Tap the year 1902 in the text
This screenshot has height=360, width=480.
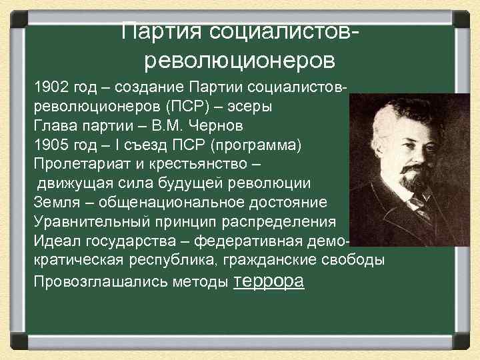[49, 88]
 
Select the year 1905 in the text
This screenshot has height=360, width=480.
[49, 145]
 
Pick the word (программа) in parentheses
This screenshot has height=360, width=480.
[261, 145]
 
